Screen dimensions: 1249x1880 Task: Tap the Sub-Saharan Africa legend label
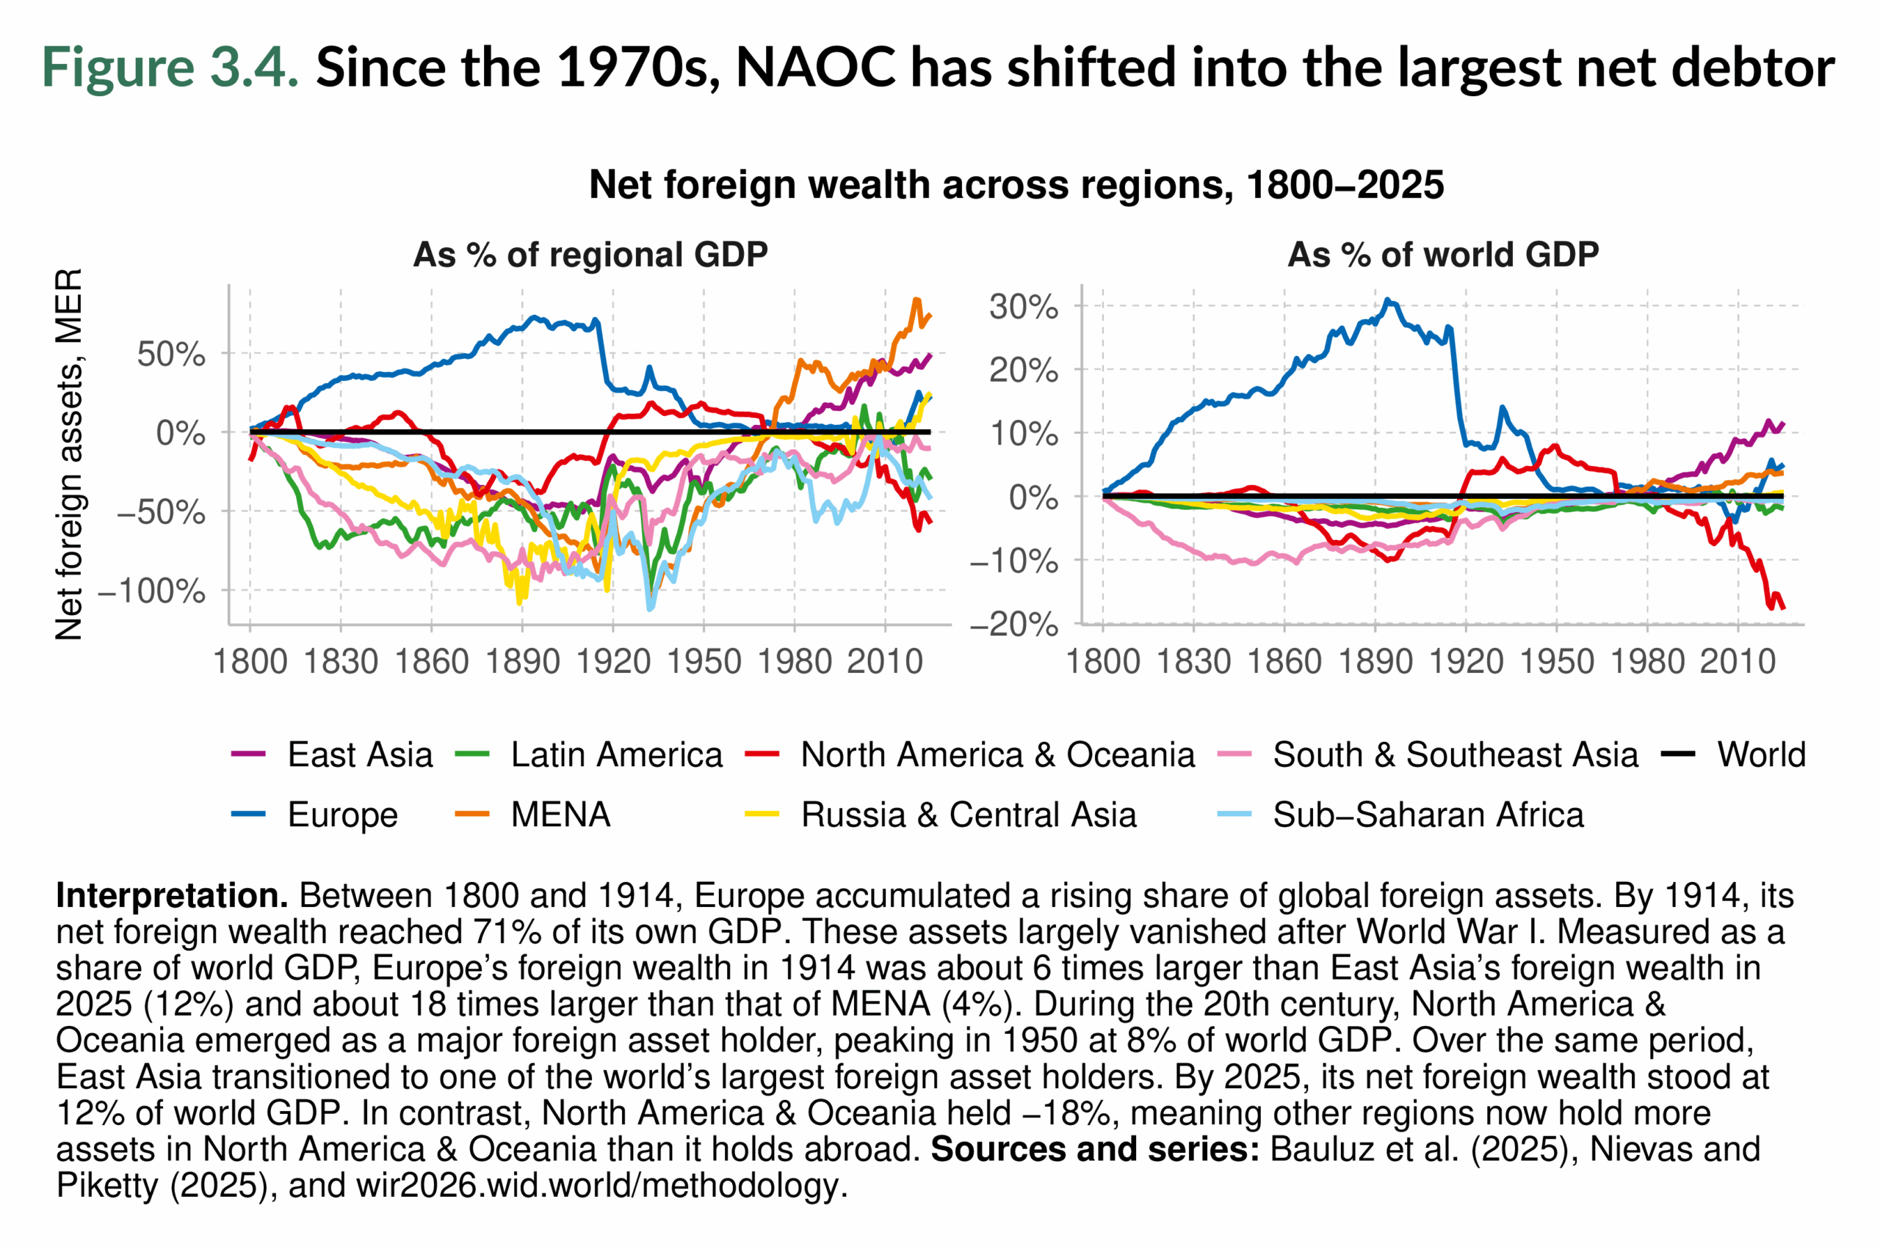(x=1428, y=814)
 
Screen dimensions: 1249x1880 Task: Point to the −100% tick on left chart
(x=151, y=591)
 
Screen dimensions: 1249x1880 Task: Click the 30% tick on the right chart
(x=1023, y=307)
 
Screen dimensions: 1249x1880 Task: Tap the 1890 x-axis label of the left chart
(x=522, y=662)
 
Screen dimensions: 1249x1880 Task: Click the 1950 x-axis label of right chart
(x=1556, y=662)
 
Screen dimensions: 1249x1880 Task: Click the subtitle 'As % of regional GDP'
(x=590, y=255)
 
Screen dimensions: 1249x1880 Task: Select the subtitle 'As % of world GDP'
(x=1442, y=255)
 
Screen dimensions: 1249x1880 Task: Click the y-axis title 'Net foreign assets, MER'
(x=69, y=454)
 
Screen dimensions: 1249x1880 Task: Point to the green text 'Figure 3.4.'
(x=170, y=67)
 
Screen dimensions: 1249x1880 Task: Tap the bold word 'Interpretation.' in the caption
(x=171, y=896)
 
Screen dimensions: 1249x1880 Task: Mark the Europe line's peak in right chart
(x=1387, y=300)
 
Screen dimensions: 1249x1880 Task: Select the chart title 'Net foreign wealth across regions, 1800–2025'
(x=1016, y=185)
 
